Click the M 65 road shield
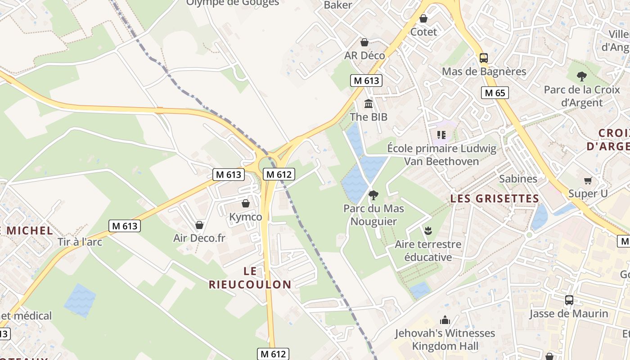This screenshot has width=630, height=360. [x=495, y=93]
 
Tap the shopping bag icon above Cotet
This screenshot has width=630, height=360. [x=423, y=18]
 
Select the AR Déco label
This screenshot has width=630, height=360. [x=364, y=55]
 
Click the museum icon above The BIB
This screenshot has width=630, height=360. [x=369, y=104]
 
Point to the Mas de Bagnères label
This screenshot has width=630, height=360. [x=484, y=72]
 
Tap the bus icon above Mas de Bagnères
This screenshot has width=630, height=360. [x=484, y=58]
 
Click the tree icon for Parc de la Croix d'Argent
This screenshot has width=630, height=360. [x=582, y=76]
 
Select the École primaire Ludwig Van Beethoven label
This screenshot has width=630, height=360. [x=441, y=155]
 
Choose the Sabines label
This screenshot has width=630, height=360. [x=518, y=179]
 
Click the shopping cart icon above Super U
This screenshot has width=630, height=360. [x=588, y=180]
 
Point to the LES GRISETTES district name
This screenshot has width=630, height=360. [x=495, y=198]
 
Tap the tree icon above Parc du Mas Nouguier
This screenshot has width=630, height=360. [x=373, y=195]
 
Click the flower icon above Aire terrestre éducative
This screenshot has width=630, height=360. [x=428, y=231]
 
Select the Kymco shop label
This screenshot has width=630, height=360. [x=246, y=217]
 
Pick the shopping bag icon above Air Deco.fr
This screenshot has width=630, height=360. [x=199, y=225]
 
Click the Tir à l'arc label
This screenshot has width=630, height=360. [x=80, y=242]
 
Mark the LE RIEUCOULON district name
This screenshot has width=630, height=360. [x=250, y=278]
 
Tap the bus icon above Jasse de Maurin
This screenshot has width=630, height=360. [x=569, y=300]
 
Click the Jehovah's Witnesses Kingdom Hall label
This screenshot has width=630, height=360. [x=445, y=340]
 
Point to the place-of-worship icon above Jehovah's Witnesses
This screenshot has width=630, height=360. [x=445, y=320]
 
